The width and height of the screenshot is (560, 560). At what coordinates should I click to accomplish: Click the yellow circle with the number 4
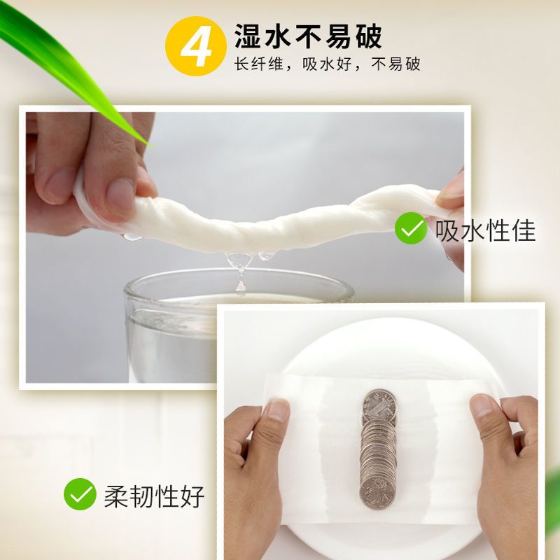[196, 45]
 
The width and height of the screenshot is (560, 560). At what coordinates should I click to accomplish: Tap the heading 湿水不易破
[308, 36]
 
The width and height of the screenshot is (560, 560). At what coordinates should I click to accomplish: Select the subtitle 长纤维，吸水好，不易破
[327, 64]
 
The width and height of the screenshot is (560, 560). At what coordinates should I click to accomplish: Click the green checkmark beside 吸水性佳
[411, 228]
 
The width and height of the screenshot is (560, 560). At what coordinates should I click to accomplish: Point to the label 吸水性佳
[486, 230]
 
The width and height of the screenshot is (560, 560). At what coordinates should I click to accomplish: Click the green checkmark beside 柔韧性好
[80, 494]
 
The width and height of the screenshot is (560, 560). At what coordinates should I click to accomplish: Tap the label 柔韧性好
[154, 496]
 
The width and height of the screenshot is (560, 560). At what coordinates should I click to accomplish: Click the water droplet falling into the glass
[241, 288]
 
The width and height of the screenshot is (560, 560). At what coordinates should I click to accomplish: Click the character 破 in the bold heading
[370, 36]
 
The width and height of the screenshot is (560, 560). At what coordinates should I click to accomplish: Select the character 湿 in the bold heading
[248, 36]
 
